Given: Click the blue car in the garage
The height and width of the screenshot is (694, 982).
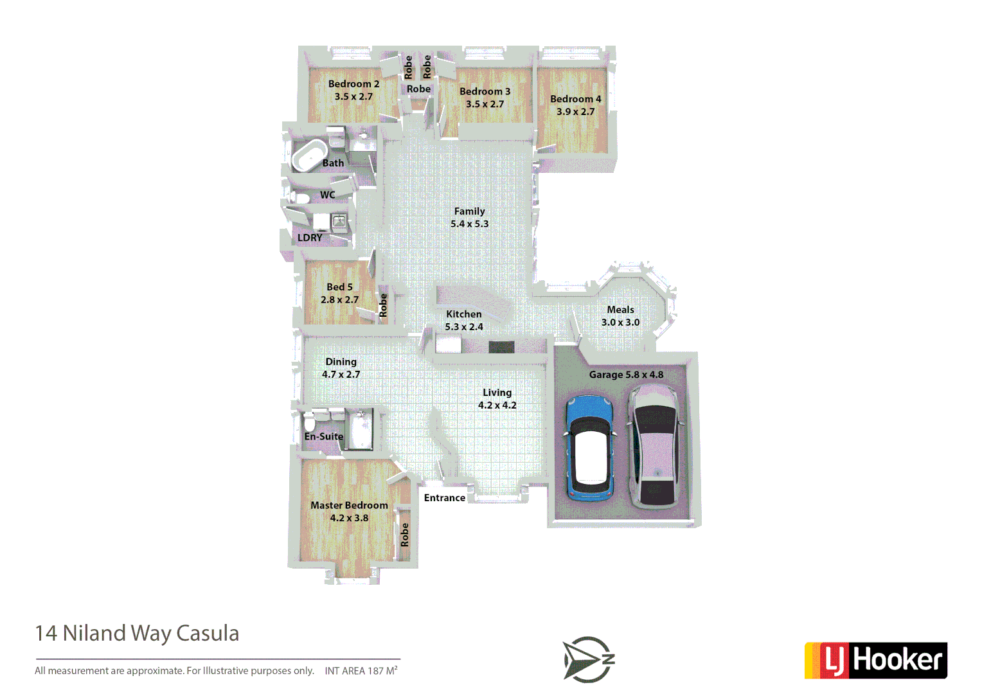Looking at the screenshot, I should coord(589,448).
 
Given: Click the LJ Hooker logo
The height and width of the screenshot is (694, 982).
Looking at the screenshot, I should coord(876,660).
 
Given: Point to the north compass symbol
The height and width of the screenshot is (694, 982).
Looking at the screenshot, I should coord(589,659).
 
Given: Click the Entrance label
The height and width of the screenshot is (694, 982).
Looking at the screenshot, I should coord(444,498).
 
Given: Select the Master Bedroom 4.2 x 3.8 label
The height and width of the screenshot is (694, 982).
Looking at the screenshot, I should coord(349,512).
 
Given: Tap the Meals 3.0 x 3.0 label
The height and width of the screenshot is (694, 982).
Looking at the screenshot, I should coord(620,316).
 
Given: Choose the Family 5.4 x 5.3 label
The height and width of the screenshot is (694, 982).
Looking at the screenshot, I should coord(469,217).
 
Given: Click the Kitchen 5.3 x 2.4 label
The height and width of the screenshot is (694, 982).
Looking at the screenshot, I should coord(463,320).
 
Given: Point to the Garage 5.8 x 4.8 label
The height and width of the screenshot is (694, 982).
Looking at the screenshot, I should coord(626,375).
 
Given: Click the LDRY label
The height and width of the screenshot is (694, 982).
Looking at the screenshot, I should coord(310,238).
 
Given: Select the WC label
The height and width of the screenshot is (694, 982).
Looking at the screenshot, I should coord(327,195).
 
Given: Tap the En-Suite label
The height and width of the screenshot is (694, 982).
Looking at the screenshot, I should coord(324,436).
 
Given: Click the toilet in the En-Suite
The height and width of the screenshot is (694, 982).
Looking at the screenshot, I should coord(310,423).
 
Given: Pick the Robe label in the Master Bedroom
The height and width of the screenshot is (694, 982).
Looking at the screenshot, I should coord(404,535).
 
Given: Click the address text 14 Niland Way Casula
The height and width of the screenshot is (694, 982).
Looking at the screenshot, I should coord(137,634).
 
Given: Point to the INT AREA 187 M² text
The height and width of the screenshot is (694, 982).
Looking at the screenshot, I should coord(361,671).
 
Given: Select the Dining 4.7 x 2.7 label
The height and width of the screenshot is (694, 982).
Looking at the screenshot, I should coord(341,368).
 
